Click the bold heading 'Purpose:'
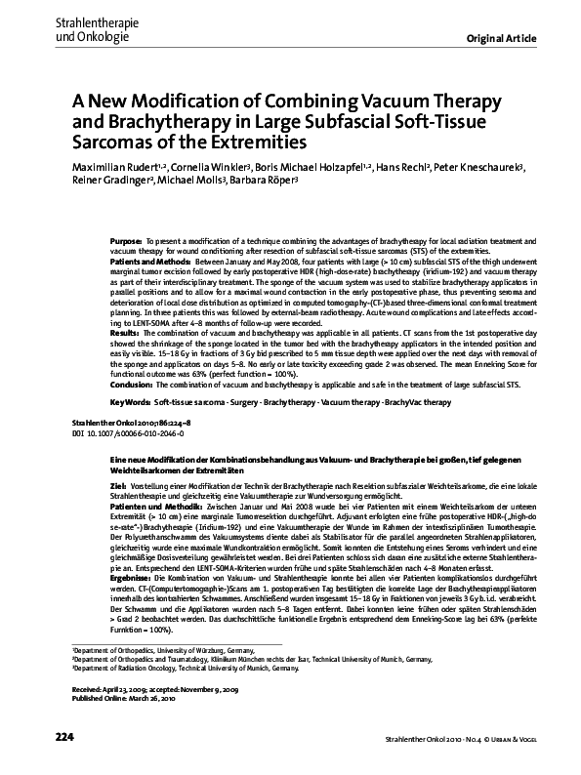pyautogui.click(x=127, y=239)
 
